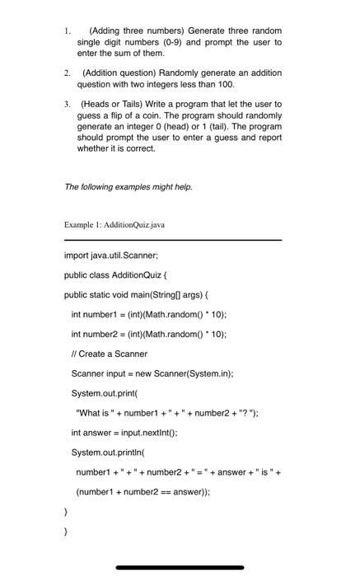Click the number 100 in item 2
225,84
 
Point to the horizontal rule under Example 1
172,240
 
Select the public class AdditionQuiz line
115,275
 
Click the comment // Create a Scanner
109,354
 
